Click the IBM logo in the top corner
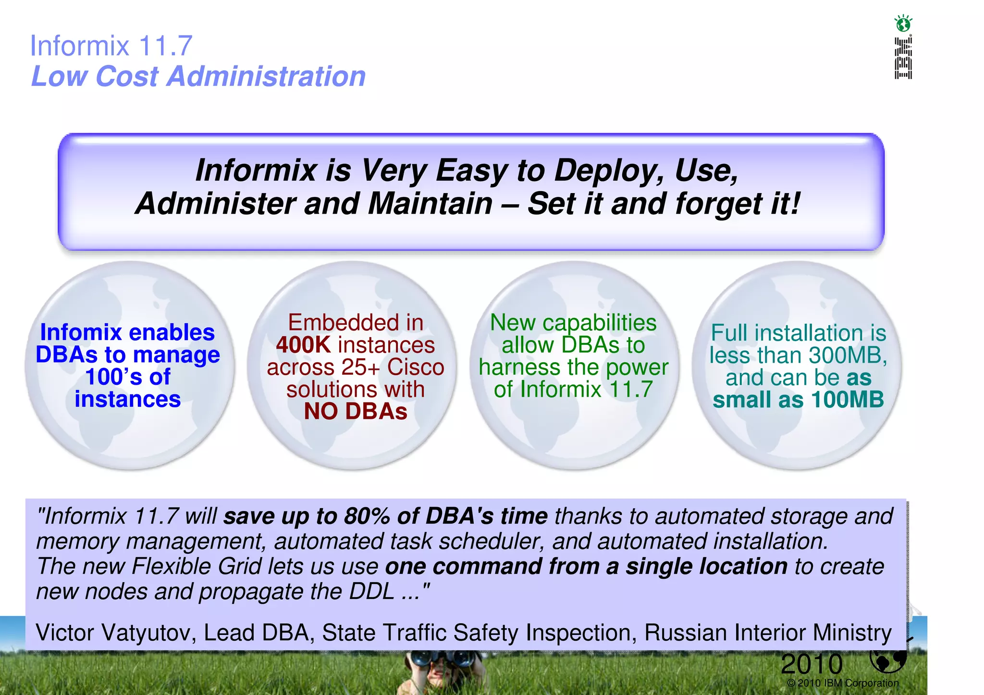pyautogui.click(x=903, y=58)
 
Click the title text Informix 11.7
pyautogui.click(x=111, y=46)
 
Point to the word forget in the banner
pyautogui.click(x=718, y=204)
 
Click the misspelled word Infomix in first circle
pyautogui.click(x=81, y=332)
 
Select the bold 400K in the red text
pyautogui.click(x=303, y=345)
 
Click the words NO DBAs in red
pyautogui.click(x=356, y=412)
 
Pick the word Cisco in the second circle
pyautogui.click(x=416, y=367)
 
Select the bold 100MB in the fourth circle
pyautogui.click(x=848, y=400)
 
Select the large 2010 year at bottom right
pyautogui.click(x=812, y=664)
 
